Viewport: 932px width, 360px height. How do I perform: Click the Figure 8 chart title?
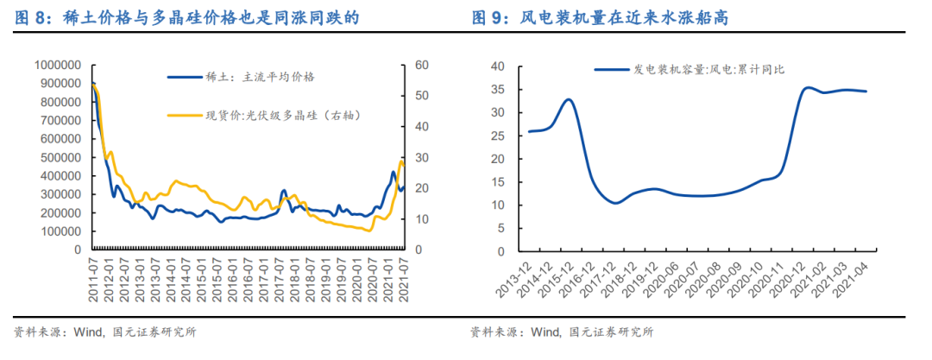[x=186, y=17]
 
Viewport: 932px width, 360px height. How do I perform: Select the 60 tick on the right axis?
[x=421, y=65]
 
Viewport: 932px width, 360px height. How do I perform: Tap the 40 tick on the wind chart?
[x=497, y=66]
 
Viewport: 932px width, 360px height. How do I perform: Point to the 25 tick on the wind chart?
[x=497, y=136]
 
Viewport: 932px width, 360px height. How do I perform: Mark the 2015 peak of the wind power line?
[x=568, y=99]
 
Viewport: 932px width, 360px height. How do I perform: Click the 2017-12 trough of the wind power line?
[x=615, y=203]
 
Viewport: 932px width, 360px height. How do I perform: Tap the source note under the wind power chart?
[x=561, y=331]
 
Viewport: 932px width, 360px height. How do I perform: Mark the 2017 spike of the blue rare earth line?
[x=284, y=190]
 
